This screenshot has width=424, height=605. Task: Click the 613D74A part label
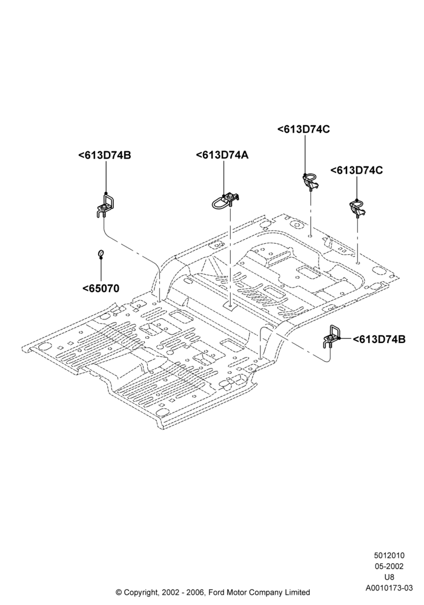(x=222, y=155)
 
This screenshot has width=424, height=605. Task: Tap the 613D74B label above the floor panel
(x=105, y=155)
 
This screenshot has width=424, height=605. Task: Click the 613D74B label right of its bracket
(x=379, y=339)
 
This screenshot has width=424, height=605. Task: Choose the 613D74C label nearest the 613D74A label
(x=303, y=129)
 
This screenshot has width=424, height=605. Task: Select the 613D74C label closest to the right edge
(x=356, y=170)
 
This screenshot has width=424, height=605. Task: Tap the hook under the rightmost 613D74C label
(x=357, y=208)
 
